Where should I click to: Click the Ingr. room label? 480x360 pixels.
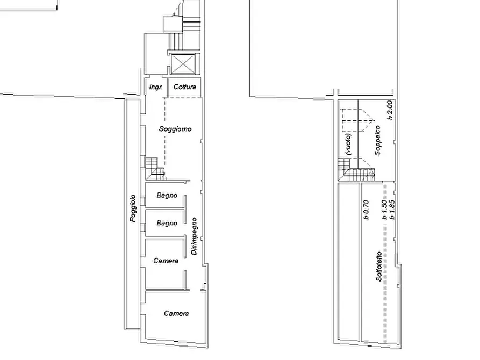156,87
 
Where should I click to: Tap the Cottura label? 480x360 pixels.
184,87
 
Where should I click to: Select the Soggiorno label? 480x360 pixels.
175,129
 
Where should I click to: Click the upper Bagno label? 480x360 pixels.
167,195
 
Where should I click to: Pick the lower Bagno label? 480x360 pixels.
167,223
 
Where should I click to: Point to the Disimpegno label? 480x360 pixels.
194,236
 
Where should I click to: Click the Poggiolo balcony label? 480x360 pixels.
133,208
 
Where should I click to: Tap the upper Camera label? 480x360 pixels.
166,261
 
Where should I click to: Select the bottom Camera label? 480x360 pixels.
176,313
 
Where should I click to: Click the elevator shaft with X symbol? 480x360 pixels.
183,64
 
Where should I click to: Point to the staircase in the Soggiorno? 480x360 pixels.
155,168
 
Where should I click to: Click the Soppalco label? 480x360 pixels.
378,140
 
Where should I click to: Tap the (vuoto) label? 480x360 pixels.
348,144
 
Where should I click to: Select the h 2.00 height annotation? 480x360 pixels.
390,110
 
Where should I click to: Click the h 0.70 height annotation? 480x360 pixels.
366,210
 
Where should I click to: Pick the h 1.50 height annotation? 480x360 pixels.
385,210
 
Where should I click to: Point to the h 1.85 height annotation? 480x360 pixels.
392,210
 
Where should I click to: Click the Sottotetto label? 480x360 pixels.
379,267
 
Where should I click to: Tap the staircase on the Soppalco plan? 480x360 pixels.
356,169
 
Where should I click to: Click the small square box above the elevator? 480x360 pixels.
173,24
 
